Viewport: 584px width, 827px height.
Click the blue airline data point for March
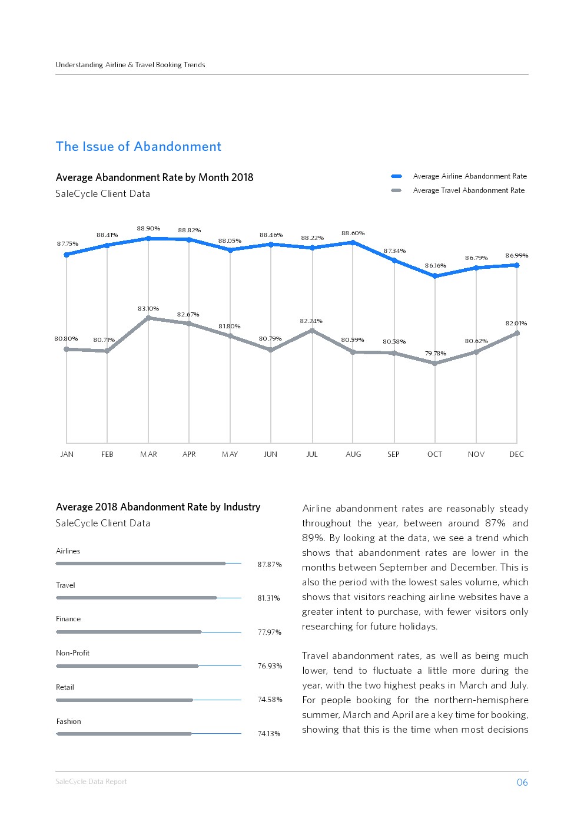pyautogui.click(x=148, y=238)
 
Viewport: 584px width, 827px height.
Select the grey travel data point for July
pyautogui.click(x=312, y=331)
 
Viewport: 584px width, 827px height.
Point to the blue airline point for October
pyautogui.click(x=435, y=276)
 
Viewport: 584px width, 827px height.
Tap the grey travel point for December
pyautogui.click(x=517, y=333)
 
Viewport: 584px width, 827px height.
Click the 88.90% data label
pyautogui.click(x=148, y=229)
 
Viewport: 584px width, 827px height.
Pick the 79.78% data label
pyautogui.click(x=436, y=354)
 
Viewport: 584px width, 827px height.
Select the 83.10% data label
pyautogui.click(x=148, y=309)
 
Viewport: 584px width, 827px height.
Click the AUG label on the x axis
pyautogui.click(x=353, y=454)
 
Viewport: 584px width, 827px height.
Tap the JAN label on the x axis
pyautogui.click(x=67, y=454)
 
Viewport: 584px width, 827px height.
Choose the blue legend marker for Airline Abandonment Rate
pyautogui.click(x=397, y=176)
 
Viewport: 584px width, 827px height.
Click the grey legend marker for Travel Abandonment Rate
pyautogui.click(x=397, y=190)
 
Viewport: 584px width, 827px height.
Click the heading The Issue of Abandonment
pyautogui.click(x=138, y=147)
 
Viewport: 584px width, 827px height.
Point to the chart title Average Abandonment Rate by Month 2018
pyautogui.click(x=154, y=177)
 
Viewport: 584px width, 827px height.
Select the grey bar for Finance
pyautogui.click(x=129, y=632)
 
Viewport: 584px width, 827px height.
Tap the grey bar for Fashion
pyautogui.click(x=124, y=734)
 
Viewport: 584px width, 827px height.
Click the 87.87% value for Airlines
pyautogui.click(x=270, y=565)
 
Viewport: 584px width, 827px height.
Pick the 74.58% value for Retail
pyautogui.click(x=270, y=700)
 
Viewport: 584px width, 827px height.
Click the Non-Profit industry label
pyautogui.click(x=73, y=653)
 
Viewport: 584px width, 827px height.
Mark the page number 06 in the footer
pyautogui.click(x=522, y=783)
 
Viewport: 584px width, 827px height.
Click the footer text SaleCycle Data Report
pyautogui.click(x=91, y=782)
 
